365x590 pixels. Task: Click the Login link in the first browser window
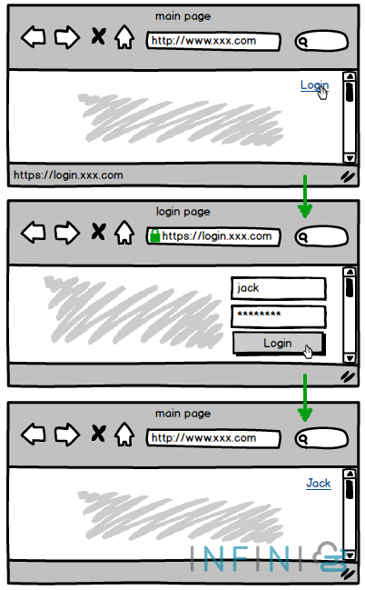coord(313,85)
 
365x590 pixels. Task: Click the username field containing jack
coord(278,288)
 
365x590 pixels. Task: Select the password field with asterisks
coord(278,316)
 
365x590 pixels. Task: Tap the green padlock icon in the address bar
coord(154,236)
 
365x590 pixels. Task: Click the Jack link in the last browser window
coord(318,483)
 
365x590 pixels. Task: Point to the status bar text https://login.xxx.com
coord(68,175)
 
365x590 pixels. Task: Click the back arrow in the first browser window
coord(34,38)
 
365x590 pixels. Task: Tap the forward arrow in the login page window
coord(66,233)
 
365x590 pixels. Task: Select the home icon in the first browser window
coord(124,38)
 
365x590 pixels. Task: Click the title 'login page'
coord(182,212)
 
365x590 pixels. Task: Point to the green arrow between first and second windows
coord(305,196)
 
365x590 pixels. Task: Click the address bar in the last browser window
coord(214,438)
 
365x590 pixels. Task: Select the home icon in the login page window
coord(124,234)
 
